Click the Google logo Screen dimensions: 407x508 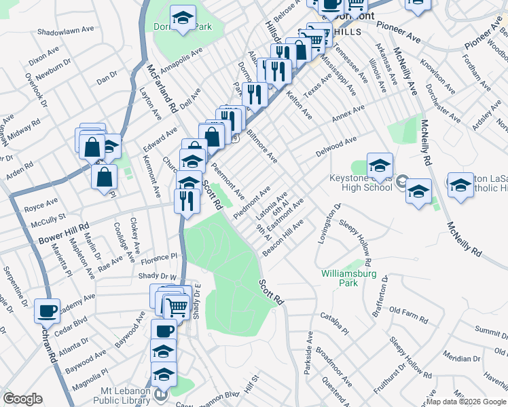click(x=22, y=399)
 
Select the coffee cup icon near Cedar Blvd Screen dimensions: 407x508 click(x=47, y=311)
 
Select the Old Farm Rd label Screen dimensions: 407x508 click(x=410, y=315)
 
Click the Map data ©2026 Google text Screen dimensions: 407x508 click(x=466, y=402)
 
